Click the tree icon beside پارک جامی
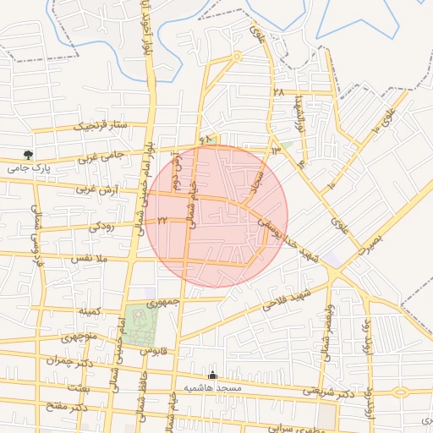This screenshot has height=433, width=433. coord(30,155)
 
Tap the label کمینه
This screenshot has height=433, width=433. coord(90,311)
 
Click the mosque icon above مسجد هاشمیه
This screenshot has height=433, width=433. coord(212,375)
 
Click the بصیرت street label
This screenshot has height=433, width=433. coord(370,245)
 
